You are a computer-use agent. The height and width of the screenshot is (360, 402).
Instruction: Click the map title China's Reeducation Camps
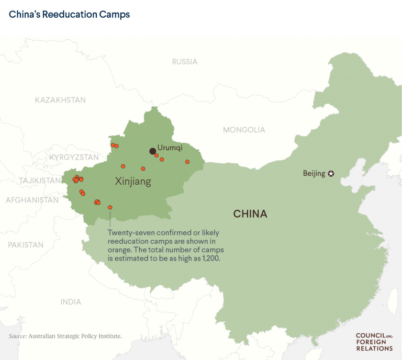point(69,14)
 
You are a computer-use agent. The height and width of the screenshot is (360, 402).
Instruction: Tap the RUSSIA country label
point(185,62)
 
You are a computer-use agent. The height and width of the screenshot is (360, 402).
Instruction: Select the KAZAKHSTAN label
point(60,100)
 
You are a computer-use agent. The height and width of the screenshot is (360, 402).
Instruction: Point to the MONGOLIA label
point(244,130)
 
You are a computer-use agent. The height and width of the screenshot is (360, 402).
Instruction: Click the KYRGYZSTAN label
point(74,157)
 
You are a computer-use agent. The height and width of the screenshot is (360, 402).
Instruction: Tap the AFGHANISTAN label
point(32,200)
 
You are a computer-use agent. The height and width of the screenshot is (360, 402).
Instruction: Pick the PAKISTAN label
point(26,245)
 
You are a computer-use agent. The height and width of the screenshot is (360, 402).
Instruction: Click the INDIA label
point(71,302)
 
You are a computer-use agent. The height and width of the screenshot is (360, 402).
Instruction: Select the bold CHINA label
point(250,214)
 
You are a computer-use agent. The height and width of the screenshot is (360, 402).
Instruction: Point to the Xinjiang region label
point(133,182)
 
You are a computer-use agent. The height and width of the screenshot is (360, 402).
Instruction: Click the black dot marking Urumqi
point(152,151)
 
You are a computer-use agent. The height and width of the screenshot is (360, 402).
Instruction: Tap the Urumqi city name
point(170,148)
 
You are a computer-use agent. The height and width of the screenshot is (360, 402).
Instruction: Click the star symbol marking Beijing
point(331,174)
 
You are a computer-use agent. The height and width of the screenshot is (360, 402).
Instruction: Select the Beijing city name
point(314,174)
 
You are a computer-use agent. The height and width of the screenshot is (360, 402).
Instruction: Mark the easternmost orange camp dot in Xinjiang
point(187,162)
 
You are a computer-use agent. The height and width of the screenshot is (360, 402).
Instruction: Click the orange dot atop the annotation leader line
point(110,207)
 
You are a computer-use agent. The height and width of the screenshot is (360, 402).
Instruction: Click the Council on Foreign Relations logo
point(374,342)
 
